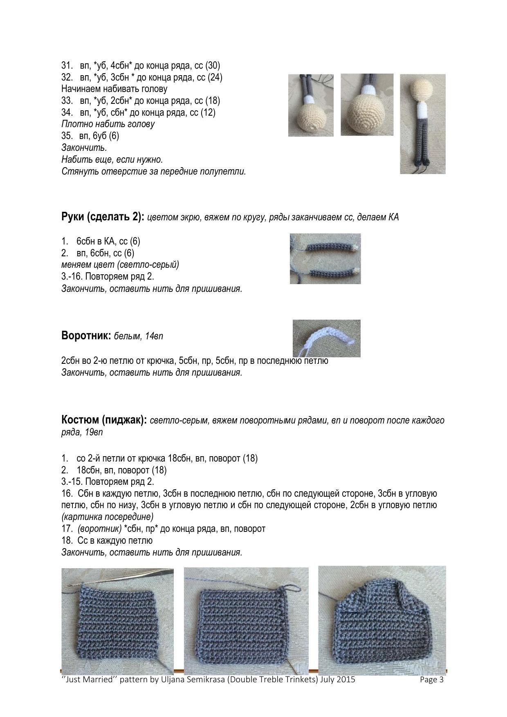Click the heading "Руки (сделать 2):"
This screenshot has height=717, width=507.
pos(103,217)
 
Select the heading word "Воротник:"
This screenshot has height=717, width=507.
pos(86,336)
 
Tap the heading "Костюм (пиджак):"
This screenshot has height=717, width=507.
pos(104,420)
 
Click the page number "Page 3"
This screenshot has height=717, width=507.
pos(431,680)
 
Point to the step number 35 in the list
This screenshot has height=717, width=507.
pos(67,136)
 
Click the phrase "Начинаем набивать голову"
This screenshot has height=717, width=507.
pos(114,89)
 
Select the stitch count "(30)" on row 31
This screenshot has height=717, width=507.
pos(213,65)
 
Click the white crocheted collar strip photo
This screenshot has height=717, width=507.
pos(326,338)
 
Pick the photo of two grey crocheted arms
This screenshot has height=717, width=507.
pos(325,258)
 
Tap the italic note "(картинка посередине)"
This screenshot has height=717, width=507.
pos(108,517)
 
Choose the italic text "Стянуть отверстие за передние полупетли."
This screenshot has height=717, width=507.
pos(154,171)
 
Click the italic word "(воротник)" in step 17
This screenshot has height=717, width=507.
pos(99,529)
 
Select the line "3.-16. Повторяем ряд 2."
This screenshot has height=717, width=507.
pos(108,276)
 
